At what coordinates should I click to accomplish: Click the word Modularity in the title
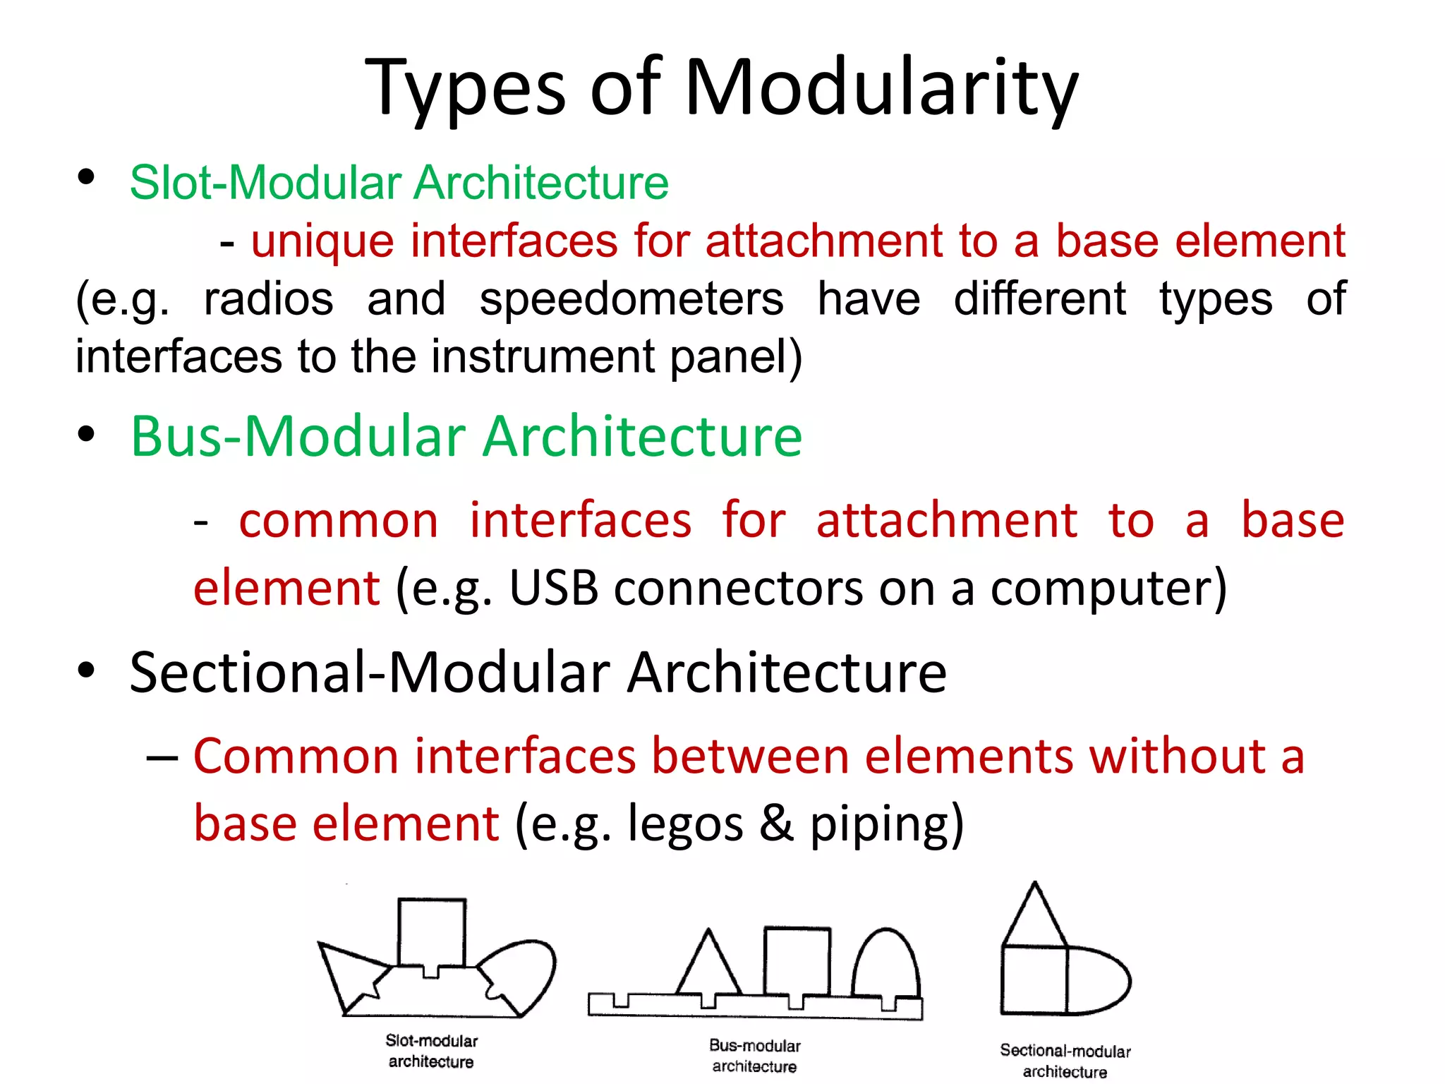(x=881, y=88)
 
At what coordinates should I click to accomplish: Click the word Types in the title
(x=466, y=88)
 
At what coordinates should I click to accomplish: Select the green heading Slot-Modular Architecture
(x=399, y=183)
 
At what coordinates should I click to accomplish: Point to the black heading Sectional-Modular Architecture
(x=538, y=672)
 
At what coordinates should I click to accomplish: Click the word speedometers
(x=631, y=299)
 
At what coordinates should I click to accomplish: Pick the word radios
(x=269, y=299)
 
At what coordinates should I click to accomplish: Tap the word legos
(x=684, y=824)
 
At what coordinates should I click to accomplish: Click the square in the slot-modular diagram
(x=432, y=932)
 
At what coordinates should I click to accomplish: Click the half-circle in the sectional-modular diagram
(x=1096, y=980)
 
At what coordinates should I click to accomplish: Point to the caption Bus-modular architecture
(x=754, y=1056)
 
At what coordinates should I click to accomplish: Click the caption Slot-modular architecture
(x=431, y=1051)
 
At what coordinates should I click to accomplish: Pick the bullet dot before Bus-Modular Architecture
(x=86, y=435)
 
